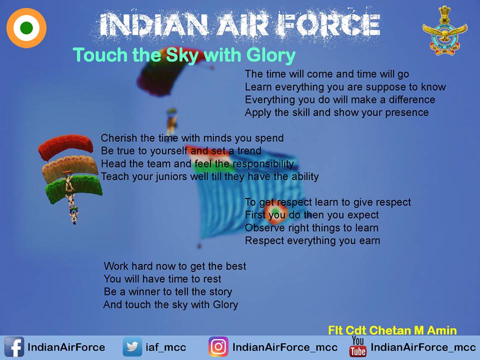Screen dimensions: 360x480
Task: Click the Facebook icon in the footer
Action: coord(14,347)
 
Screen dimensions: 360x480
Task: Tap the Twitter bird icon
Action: coord(132,347)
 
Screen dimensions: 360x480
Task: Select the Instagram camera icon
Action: coord(218,347)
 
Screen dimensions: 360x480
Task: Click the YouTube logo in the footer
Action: coord(358,346)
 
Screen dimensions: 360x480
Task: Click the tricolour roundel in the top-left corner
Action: coord(26,28)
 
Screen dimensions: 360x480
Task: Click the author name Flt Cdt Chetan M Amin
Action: coord(392,330)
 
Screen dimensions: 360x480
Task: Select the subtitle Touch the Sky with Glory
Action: coord(184,55)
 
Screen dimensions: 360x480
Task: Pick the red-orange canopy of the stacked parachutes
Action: coord(66,145)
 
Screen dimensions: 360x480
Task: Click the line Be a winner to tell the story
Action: coord(167,291)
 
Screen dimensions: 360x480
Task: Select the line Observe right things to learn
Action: coord(311,228)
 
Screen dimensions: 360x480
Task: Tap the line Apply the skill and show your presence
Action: coord(336,112)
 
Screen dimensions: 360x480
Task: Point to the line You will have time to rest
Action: coord(162,279)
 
